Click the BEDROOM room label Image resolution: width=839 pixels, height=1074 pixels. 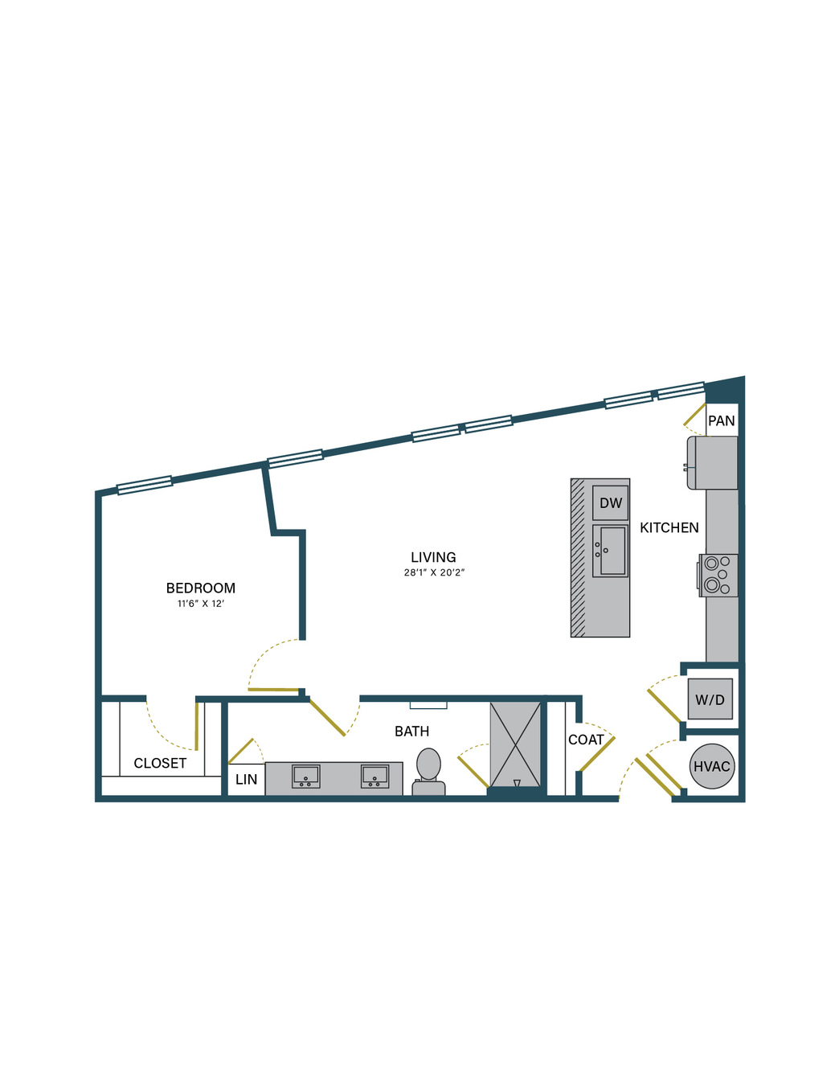tap(201, 588)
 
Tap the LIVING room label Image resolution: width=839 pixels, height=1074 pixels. tap(433, 558)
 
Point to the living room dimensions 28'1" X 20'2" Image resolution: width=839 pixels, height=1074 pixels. tap(435, 573)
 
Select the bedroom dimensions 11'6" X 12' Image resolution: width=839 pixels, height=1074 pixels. tap(201, 604)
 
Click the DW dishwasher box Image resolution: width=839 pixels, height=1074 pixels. tap(611, 503)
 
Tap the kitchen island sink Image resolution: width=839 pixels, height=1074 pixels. tap(611, 551)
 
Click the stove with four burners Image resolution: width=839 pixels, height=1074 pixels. tap(718, 576)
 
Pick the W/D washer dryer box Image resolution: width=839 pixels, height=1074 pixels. tap(710, 699)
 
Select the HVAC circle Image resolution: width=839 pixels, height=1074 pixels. tap(712, 767)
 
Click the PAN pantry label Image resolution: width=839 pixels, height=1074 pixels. tap(722, 420)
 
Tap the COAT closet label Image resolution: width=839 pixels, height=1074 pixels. tap(586, 740)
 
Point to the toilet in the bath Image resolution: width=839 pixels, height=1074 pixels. tap(428, 772)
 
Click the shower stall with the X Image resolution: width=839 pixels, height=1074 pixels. tap(515, 744)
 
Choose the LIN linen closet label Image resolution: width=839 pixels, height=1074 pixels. tap(246, 780)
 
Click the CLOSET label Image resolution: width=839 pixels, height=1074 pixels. tap(160, 764)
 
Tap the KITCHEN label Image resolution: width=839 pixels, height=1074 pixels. tap(669, 528)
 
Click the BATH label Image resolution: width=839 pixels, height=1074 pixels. tap(411, 732)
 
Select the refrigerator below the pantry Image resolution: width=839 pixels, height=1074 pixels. tap(712, 463)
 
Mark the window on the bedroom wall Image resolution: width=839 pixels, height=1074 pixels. tap(145, 486)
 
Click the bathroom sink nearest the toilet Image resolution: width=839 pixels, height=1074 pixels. tap(374, 777)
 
